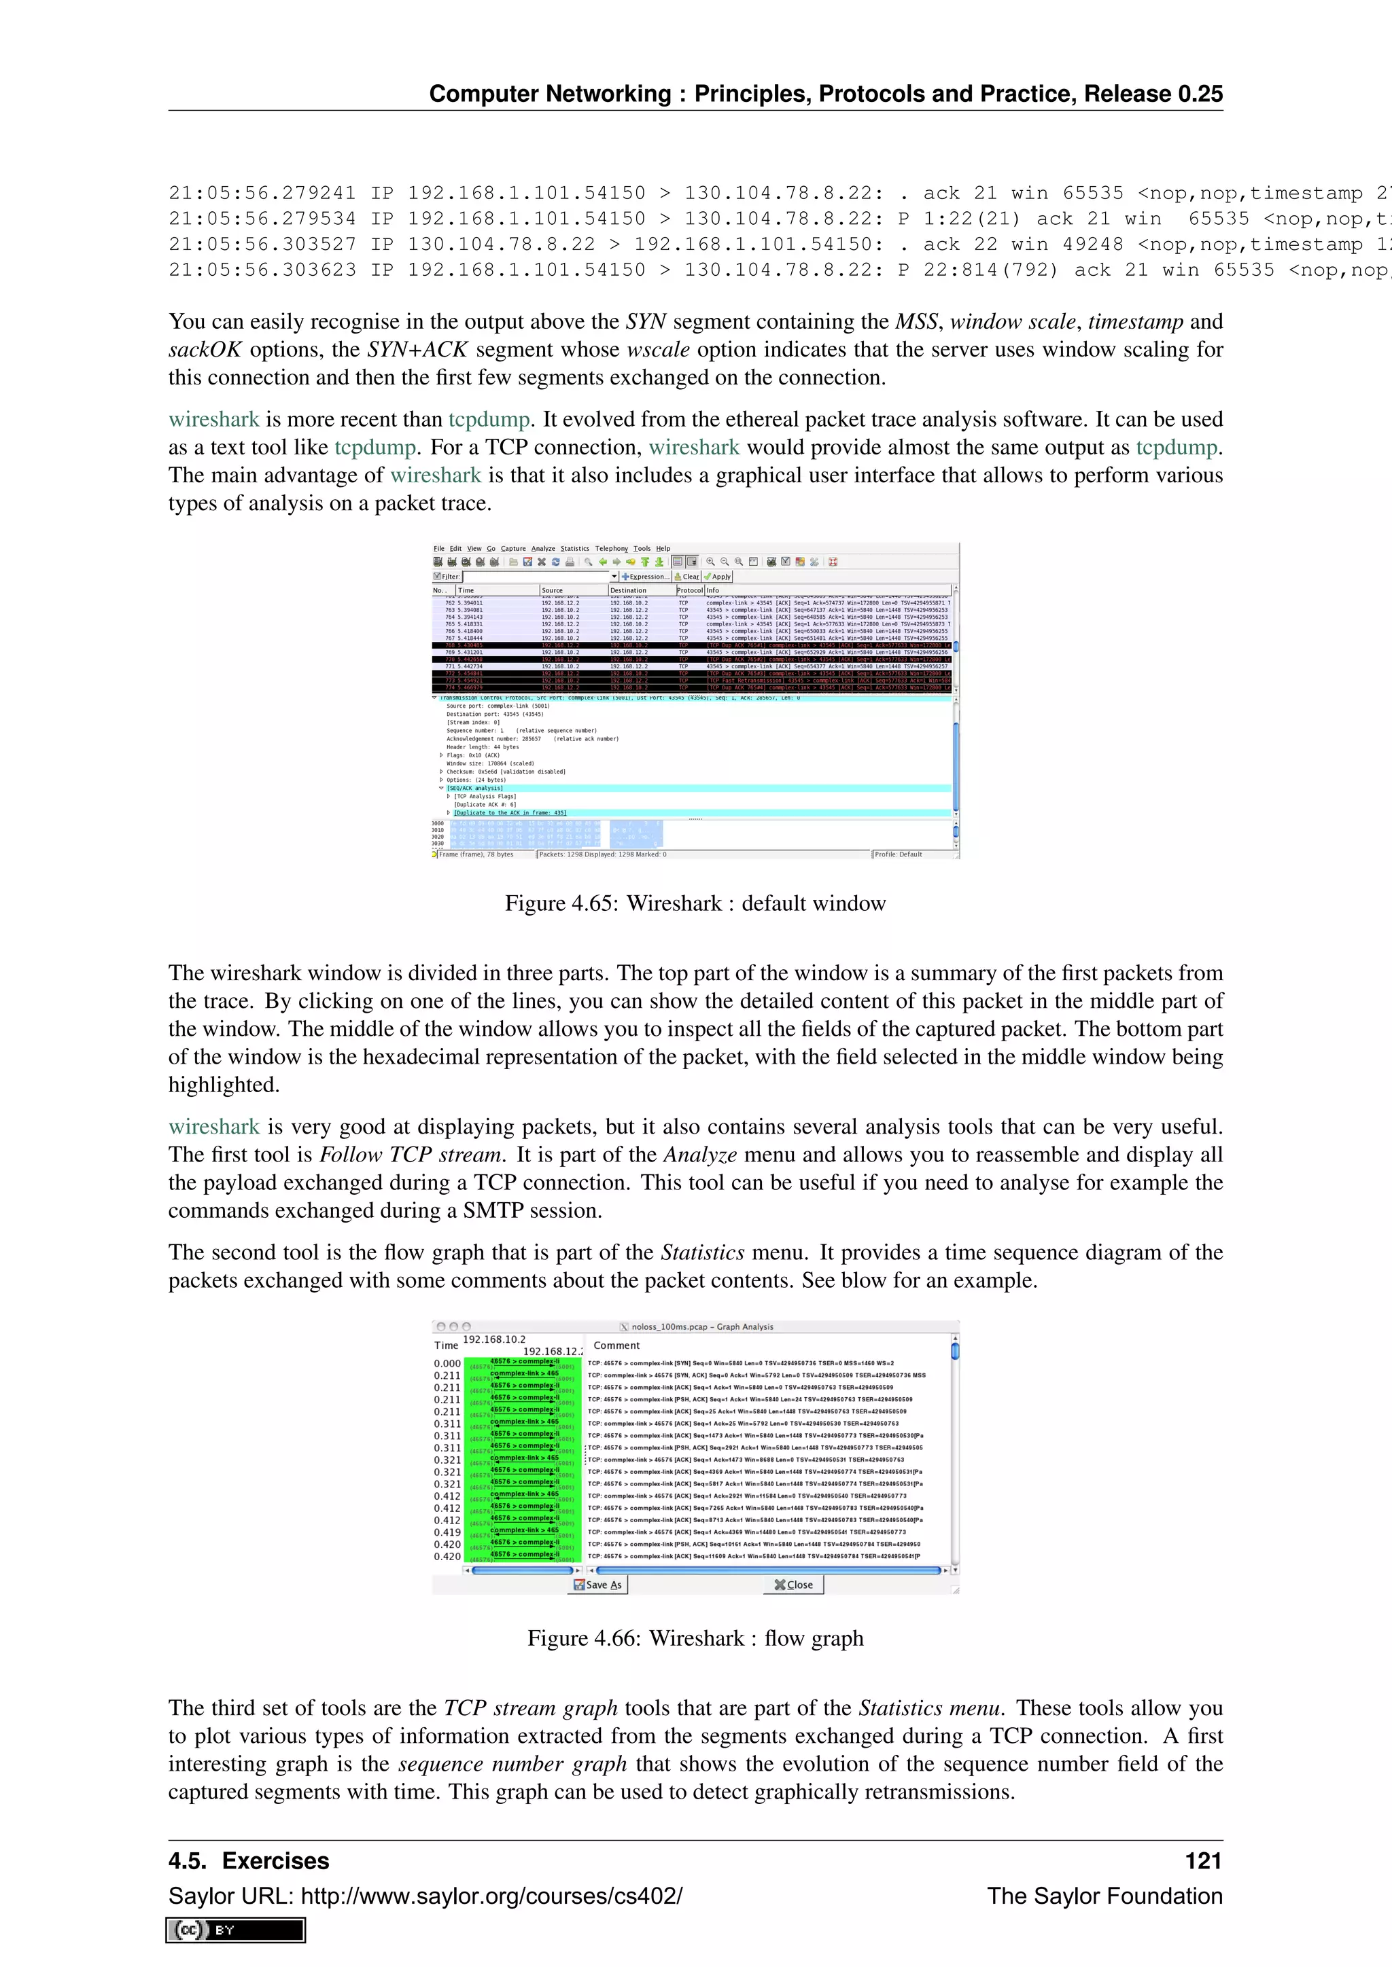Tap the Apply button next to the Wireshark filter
click(718, 577)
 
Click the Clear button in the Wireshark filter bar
click(687, 577)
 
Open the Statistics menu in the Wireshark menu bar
click(574, 548)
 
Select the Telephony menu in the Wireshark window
click(611, 548)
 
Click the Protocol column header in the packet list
click(689, 590)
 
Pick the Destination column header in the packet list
click(628, 590)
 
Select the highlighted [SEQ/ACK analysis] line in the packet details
click(475, 788)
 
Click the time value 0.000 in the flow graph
click(447, 1364)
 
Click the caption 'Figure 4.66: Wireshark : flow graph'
click(695, 1638)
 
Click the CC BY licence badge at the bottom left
click(236, 1930)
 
